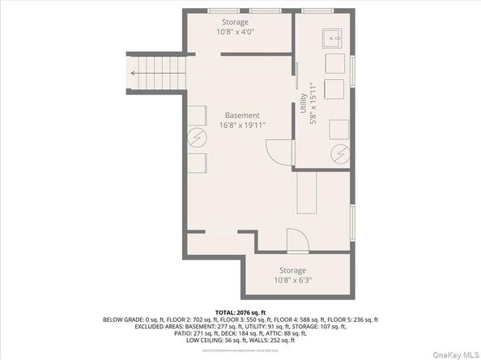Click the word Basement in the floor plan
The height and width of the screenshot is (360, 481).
(242, 116)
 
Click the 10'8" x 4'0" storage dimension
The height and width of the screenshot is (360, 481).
(235, 32)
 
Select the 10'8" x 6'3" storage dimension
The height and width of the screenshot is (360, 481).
(292, 281)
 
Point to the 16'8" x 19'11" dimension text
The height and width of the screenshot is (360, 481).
(242, 126)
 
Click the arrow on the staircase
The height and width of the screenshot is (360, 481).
(135, 73)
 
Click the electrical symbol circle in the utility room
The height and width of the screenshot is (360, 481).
(341, 152)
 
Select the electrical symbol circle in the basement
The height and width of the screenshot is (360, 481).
(197, 138)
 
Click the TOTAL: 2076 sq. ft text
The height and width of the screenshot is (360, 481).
(240, 311)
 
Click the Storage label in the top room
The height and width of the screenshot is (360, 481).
(235, 22)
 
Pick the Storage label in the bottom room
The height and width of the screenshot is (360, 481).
(292, 271)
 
